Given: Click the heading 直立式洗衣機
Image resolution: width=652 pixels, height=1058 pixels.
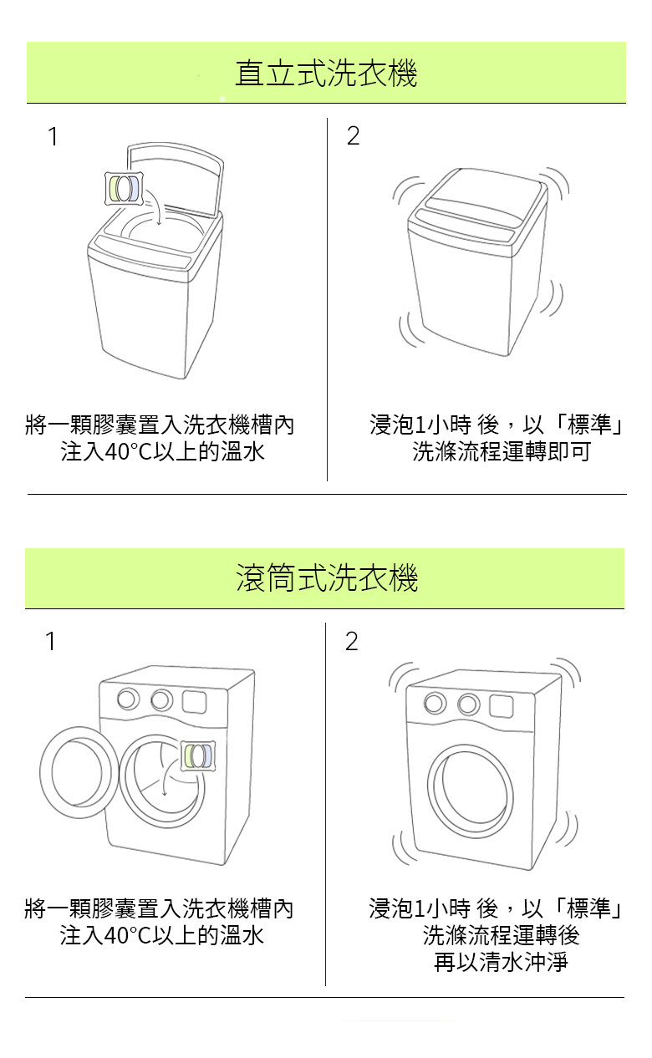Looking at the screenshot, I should click(x=326, y=74).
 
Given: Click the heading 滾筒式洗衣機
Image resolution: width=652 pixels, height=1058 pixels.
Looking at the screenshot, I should click(x=326, y=578).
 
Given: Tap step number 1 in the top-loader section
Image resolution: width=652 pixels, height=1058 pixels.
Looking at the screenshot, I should click(x=53, y=136).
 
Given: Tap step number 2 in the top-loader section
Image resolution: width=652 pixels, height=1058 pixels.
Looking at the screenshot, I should click(x=353, y=136).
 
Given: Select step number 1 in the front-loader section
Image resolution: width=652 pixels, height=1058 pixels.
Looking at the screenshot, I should click(x=51, y=641).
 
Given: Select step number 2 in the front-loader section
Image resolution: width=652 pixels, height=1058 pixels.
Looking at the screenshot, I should click(x=351, y=641).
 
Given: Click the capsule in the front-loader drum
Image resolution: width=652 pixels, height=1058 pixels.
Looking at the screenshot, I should click(x=198, y=755).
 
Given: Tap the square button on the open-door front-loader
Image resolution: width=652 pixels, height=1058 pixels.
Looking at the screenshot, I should click(x=194, y=701).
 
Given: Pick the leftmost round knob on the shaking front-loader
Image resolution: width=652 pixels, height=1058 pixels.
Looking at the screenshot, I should click(x=435, y=704).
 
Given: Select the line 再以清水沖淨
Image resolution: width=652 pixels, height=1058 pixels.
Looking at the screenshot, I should click(x=500, y=962).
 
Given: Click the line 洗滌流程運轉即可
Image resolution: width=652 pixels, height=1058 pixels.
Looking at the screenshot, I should click(x=501, y=452).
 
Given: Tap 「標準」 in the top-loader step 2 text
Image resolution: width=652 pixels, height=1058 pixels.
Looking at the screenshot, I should click(x=591, y=425).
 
